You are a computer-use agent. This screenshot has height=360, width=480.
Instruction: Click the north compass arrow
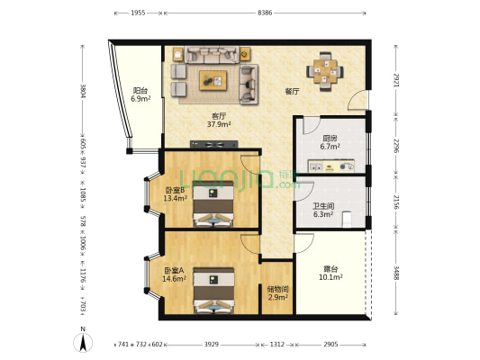83,343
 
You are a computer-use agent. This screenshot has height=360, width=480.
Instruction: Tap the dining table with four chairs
325,72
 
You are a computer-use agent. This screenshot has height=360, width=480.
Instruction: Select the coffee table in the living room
213,80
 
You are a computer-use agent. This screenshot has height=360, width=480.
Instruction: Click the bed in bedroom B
213,203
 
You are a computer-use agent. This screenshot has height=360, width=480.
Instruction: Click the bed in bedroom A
213,291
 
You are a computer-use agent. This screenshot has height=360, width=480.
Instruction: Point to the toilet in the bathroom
347,219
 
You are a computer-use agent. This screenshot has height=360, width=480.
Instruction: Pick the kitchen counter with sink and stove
331,166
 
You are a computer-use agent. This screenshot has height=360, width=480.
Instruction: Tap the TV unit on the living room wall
213,144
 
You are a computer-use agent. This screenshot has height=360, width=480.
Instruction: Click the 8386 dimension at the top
265,13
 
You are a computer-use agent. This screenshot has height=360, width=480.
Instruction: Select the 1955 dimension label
138,13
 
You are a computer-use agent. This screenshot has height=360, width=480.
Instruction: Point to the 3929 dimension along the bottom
212,345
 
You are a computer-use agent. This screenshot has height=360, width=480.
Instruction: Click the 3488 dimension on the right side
396,273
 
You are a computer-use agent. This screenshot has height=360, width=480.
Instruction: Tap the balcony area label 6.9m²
140,98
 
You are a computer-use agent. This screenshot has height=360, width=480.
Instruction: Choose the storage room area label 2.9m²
278,297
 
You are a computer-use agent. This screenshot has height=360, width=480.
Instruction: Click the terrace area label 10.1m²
331,277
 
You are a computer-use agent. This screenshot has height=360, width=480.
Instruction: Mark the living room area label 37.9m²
219,124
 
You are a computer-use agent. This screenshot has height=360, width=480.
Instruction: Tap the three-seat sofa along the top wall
213,55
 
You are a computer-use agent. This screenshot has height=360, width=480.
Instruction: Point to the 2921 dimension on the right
396,80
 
